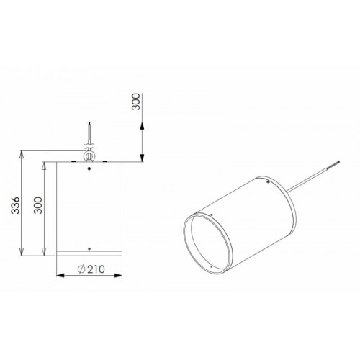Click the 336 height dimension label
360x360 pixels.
(x=16, y=205)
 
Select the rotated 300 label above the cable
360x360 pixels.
(x=136, y=102)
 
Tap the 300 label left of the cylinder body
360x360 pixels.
(x=38, y=205)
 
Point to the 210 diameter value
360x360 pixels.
(x=96, y=269)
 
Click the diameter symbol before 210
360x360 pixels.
(x=81, y=269)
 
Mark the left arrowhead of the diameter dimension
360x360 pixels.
(x=60, y=275)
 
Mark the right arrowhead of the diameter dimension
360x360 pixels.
(x=118, y=275)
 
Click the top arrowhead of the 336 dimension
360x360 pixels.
(x=22, y=155)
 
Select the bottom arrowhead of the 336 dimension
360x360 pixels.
(x=22, y=252)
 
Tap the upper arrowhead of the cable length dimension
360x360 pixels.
(x=142, y=126)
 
